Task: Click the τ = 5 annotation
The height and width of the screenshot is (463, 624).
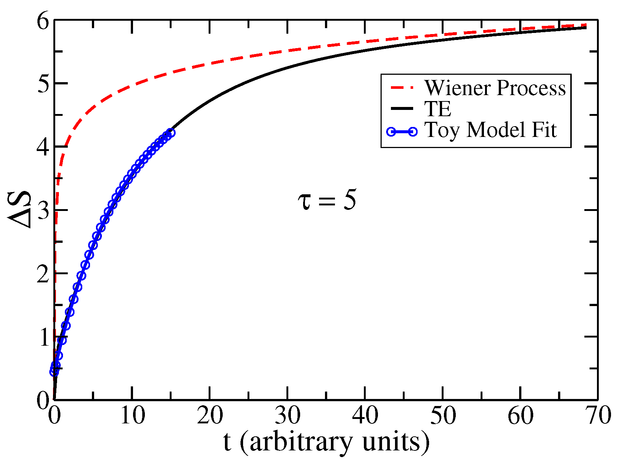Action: pyautogui.click(x=327, y=201)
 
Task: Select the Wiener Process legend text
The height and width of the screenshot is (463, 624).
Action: pyautogui.click(x=495, y=88)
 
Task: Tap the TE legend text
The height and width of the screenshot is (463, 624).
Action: pyautogui.click(x=438, y=109)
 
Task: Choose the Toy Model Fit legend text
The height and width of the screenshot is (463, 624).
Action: pyautogui.click(x=490, y=130)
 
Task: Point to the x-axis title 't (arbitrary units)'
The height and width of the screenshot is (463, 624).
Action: pyautogui.click(x=326, y=442)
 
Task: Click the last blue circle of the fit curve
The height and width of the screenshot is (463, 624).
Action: pyautogui.click(x=170, y=133)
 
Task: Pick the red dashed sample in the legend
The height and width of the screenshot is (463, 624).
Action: pyautogui.click(x=401, y=88)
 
